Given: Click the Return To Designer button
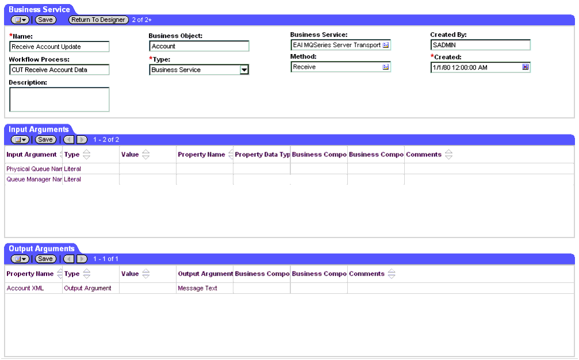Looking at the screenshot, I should point(98,20).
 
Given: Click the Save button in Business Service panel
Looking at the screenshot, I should point(45,20).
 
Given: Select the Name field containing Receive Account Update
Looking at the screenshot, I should point(59,47).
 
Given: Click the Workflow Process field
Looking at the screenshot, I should point(59,70).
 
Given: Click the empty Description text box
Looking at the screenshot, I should point(59,99).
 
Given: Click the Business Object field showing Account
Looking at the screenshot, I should point(199,46).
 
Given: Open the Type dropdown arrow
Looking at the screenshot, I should point(244,70).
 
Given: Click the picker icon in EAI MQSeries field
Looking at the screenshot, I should point(386,45).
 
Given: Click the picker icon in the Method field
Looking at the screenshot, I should point(386,67).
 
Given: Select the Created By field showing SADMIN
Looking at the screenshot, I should point(480,45).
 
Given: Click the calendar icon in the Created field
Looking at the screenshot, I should point(526,67).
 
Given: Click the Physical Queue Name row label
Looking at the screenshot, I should point(34,169).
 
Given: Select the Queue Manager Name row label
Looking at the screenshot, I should point(34,179).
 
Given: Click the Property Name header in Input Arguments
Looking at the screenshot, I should point(201,155).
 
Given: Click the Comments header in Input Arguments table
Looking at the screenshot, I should point(424,155).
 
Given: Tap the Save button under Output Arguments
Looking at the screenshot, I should point(45,259).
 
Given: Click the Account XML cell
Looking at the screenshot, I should point(25,288).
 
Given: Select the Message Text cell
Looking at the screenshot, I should point(198,288).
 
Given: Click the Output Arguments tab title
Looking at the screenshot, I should point(41,248).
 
